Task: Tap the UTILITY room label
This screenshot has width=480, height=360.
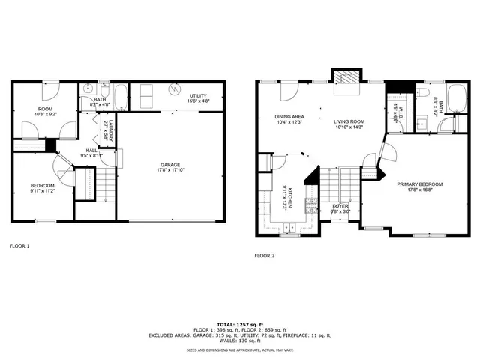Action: click(x=199, y=96)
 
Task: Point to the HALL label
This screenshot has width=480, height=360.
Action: click(x=91, y=150)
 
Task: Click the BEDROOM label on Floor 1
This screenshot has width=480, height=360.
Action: click(x=42, y=185)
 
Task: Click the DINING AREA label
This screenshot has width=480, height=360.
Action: click(x=289, y=117)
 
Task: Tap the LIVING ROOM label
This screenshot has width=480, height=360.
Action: click(x=349, y=122)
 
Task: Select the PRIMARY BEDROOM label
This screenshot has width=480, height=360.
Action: click(x=420, y=184)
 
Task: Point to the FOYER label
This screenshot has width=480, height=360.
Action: click(x=341, y=206)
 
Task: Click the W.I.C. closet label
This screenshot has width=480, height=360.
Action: click(x=401, y=116)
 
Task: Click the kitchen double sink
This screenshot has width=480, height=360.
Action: click(x=291, y=227)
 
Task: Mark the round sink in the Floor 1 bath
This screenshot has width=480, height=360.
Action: click(x=88, y=87)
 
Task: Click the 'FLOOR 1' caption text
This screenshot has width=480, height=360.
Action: click(x=19, y=245)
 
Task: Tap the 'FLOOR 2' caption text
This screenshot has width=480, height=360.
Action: click(x=265, y=255)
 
